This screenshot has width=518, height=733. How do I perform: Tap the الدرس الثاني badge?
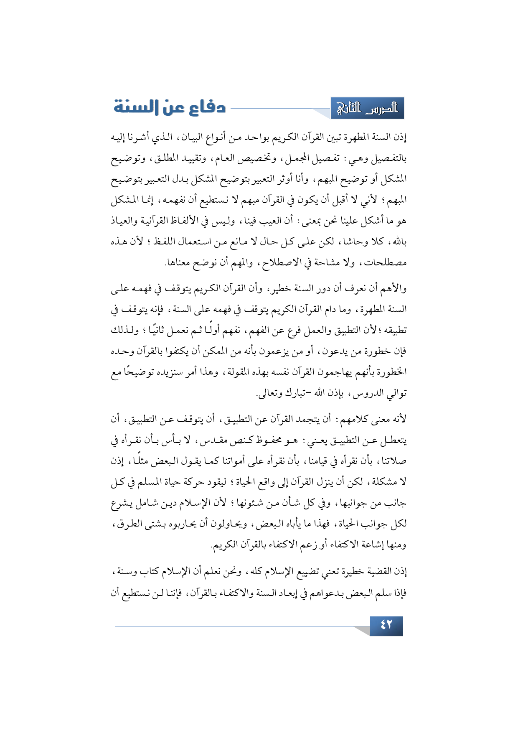pos(367,109)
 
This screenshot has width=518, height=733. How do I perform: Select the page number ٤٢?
pos(386,626)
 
